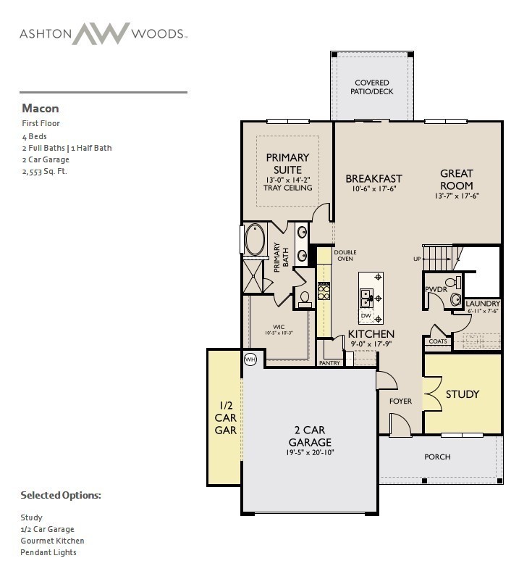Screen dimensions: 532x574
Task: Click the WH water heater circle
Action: click(250, 359)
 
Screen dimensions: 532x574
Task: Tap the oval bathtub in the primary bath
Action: click(255, 239)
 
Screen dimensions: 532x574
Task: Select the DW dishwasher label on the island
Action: click(366, 315)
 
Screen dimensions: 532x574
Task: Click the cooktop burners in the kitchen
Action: click(324, 291)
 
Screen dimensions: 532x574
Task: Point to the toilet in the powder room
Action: click(453, 283)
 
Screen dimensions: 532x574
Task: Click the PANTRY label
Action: click(329, 363)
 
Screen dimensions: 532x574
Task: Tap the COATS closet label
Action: click(438, 341)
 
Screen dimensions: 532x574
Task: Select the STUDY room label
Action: click(463, 394)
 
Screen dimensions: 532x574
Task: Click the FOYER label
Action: click(400, 402)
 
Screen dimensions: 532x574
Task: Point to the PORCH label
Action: click(437, 457)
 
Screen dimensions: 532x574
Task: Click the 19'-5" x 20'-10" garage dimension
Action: click(310, 452)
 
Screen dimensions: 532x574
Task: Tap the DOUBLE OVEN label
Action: click(345, 256)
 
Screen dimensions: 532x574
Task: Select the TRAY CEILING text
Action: click(288, 188)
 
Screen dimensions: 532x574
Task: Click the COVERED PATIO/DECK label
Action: click(372, 87)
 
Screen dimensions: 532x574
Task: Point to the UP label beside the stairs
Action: click(417, 259)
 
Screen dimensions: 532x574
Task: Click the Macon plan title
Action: click(41, 109)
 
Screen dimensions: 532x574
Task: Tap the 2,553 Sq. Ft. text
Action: click(45, 171)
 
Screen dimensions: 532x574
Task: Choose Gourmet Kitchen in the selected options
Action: click(52, 541)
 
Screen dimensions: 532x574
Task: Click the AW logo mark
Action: click(101, 33)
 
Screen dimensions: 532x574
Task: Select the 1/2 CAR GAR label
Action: click(226, 417)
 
